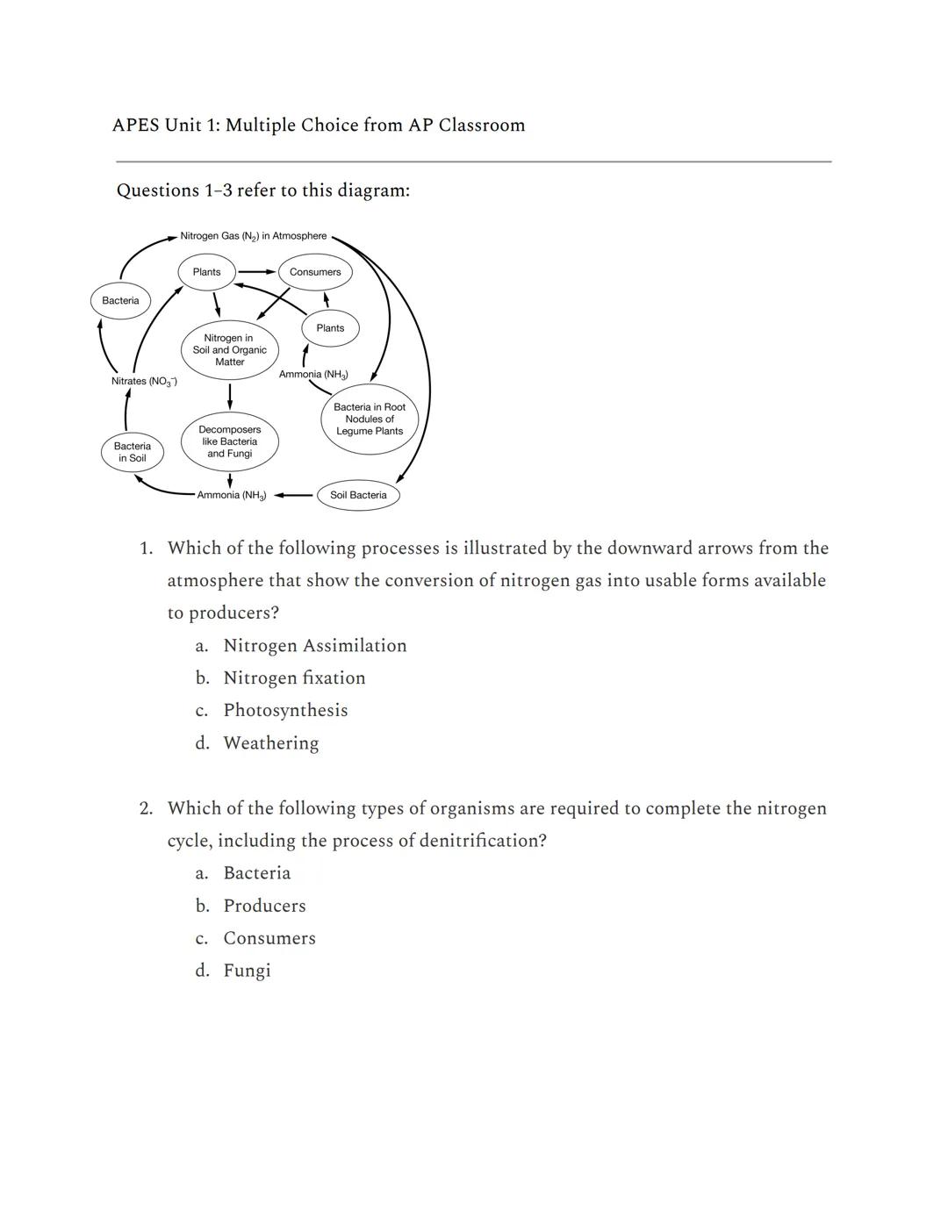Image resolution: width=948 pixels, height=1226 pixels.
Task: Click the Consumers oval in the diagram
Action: (x=315, y=272)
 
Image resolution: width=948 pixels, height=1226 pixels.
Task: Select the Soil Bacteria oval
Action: (x=358, y=495)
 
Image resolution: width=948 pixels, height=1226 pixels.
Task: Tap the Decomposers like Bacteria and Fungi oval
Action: (x=229, y=441)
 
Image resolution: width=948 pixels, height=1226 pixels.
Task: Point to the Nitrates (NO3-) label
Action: (x=144, y=381)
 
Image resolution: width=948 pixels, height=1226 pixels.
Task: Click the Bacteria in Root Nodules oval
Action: (x=370, y=419)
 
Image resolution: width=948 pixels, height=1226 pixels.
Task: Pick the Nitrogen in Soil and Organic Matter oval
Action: (x=229, y=349)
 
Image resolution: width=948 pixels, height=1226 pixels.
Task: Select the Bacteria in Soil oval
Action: (x=133, y=452)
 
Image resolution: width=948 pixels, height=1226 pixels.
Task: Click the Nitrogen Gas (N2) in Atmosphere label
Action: (x=253, y=236)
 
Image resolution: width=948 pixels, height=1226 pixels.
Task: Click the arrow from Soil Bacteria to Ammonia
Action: (x=294, y=495)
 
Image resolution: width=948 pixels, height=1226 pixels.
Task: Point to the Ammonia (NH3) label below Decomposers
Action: (x=231, y=495)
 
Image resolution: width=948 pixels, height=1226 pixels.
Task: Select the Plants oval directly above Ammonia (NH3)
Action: (x=330, y=328)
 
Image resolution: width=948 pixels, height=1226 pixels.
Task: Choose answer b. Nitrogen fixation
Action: (x=294, y=678)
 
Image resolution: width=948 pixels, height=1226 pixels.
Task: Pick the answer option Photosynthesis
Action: (x=285, y=710)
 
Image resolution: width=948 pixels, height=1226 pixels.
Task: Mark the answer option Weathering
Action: (x=270, y=742)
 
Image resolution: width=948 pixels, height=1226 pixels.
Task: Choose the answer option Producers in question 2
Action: (x=264, y=905)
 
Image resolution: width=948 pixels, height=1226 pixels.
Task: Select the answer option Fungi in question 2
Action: (x=247, y=970)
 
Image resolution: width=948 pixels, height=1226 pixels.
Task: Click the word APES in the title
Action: (x=135, y=125)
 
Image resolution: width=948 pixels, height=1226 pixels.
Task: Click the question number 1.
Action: (x=146, y=548)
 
